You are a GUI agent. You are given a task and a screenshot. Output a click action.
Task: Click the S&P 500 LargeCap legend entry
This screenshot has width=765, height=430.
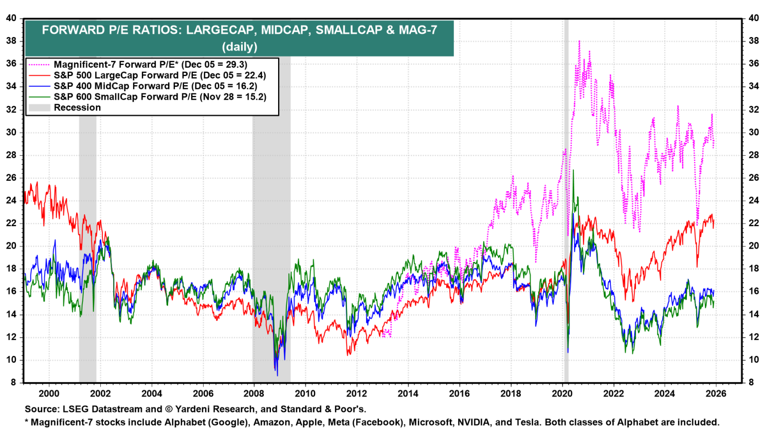click(x=159, y=75)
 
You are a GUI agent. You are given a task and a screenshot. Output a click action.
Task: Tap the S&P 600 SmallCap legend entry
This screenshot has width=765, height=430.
click(x=160, y=97)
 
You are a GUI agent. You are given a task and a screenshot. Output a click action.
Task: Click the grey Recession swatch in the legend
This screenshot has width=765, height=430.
click(x=39, y=107)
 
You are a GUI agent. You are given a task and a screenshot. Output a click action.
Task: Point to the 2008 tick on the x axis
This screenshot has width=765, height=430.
click(x=253, y=394)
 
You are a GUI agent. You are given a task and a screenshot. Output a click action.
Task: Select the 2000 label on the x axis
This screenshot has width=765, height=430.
click(x=49, y=394)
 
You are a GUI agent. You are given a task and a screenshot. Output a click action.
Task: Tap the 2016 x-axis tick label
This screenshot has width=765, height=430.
click(x=459, y=394)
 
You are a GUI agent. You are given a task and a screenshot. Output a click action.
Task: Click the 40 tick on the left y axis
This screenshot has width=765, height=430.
click(x=11, y=18)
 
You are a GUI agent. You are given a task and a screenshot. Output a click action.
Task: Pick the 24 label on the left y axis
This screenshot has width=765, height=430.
click(x=11, y=200)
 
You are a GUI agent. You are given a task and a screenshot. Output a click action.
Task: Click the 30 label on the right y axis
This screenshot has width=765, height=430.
click(x=754, y=132)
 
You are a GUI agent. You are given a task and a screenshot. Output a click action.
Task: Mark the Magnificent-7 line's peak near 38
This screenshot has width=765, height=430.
click(x=579, y=41)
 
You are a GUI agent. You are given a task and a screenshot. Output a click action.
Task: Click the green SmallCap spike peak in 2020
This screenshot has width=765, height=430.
click(x=573, y=170)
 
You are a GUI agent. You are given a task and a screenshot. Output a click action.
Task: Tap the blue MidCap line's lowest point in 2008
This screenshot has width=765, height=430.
click(x=277, y=375)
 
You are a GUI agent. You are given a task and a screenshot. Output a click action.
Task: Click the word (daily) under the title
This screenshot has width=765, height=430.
click(x=240, y=46)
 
